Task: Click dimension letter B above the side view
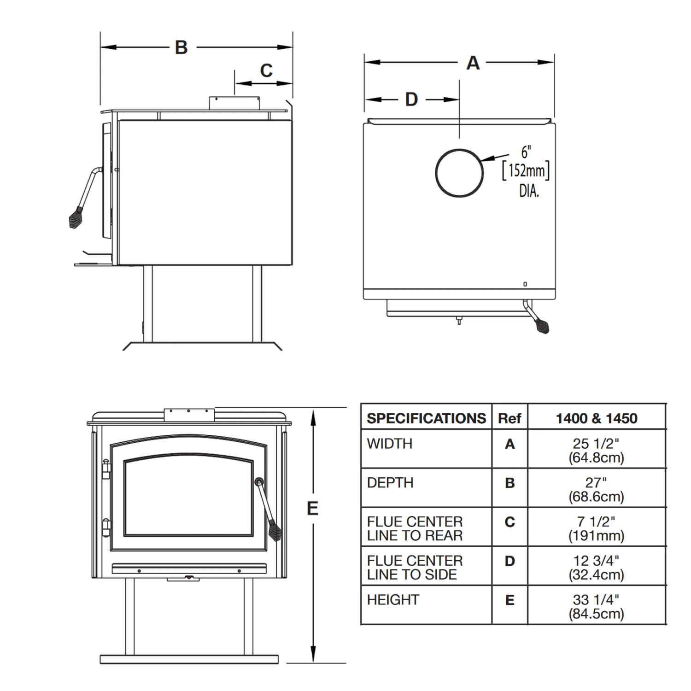(x=181, y=47)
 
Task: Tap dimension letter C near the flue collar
(x=266, y=70)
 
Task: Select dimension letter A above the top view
(x=473, y=63)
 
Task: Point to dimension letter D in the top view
(x=411, y=100)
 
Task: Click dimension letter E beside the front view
(x=312, y=509)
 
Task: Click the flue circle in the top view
(x=459, y=173)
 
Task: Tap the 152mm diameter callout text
(x=526, y=171)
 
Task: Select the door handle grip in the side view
(x=76, y=217)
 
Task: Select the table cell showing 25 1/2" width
(x=596, y=450)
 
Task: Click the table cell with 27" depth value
(x=596, y=489)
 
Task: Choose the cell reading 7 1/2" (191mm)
(x=596, y=528)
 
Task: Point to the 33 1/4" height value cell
(x=596, y=606)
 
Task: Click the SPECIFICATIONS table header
(x=426, y=418)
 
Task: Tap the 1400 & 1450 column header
(x=596, y=418)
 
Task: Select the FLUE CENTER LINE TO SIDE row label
(x=415, y=567)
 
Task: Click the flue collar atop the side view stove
(x=234, y=103)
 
